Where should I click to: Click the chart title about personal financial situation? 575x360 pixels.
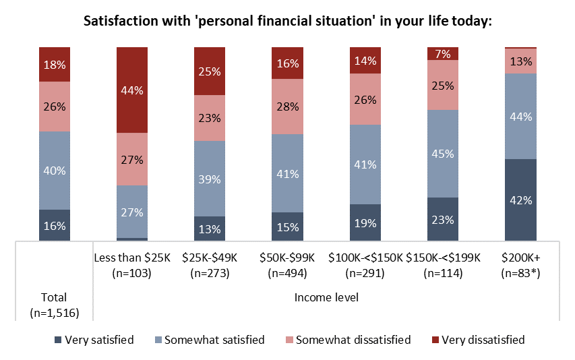[288, 21]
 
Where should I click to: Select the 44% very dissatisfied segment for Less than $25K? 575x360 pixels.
[132, 90]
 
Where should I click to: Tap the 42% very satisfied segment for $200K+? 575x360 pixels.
[521, 200]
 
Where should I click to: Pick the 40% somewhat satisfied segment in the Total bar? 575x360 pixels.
[55, 171]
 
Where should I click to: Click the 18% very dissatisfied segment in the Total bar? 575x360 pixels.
[55, 65]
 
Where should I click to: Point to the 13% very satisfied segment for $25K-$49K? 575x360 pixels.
[210, 228]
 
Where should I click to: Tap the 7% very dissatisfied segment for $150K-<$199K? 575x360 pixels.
[443, 53]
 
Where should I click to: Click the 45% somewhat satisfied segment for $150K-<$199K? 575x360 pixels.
[443, 153]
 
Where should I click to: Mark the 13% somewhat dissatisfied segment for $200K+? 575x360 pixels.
[521, 61]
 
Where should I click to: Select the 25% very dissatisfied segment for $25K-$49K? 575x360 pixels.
[210, 71]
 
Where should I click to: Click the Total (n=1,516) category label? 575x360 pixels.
[54, 305]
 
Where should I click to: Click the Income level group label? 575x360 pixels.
[326, 297]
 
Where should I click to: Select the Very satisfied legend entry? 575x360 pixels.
[94, 340]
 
